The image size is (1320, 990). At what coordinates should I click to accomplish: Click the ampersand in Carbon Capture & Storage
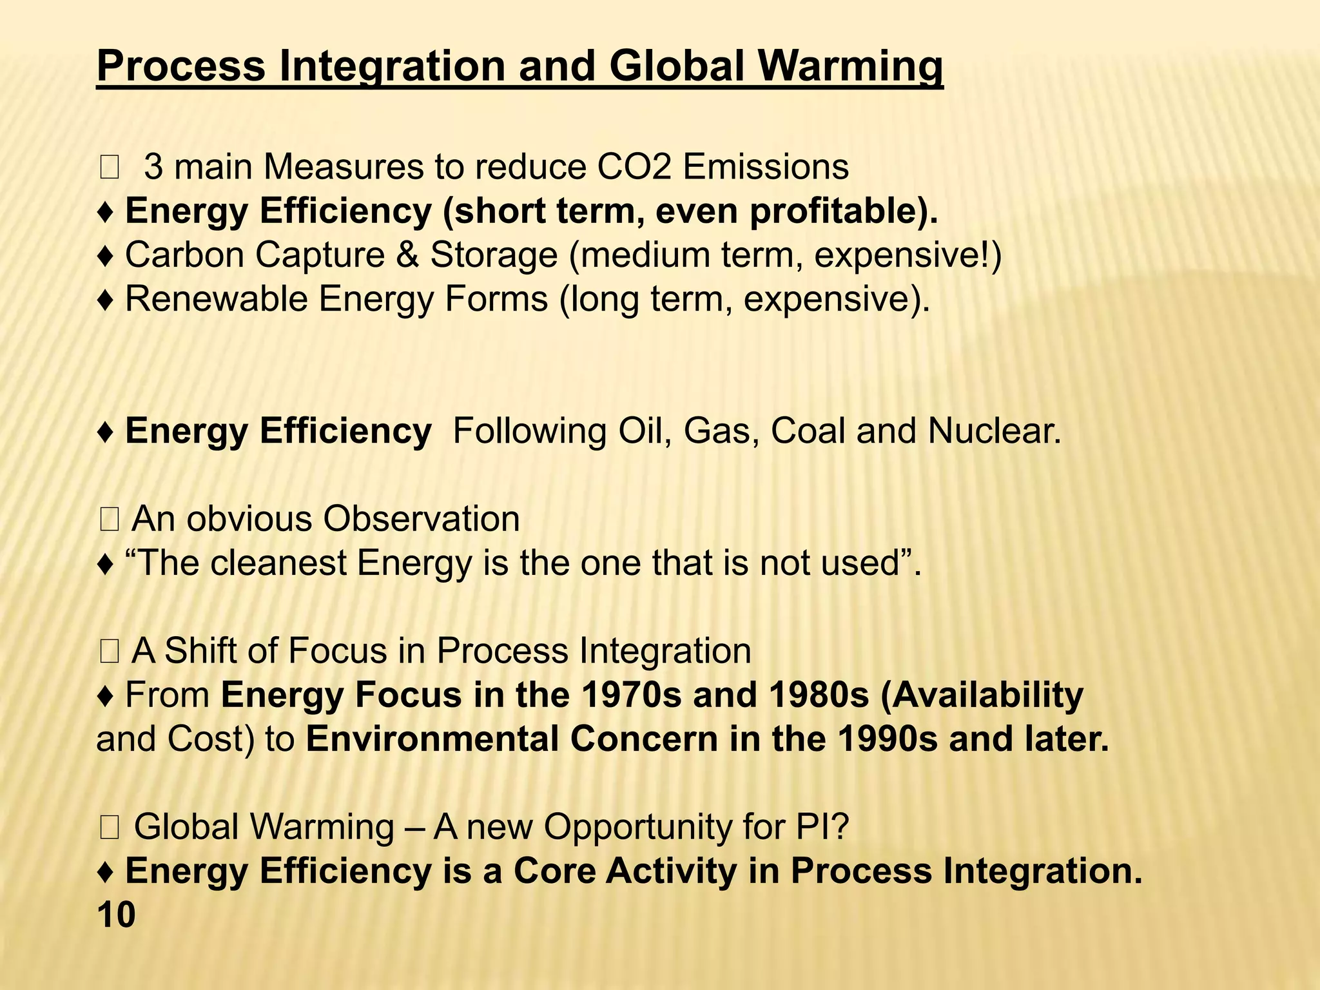[407, 255]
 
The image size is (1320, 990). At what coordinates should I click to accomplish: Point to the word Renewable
[216, 299]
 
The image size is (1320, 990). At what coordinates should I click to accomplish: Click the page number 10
[116, 915]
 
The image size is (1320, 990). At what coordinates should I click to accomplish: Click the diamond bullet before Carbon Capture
[106, 256]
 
